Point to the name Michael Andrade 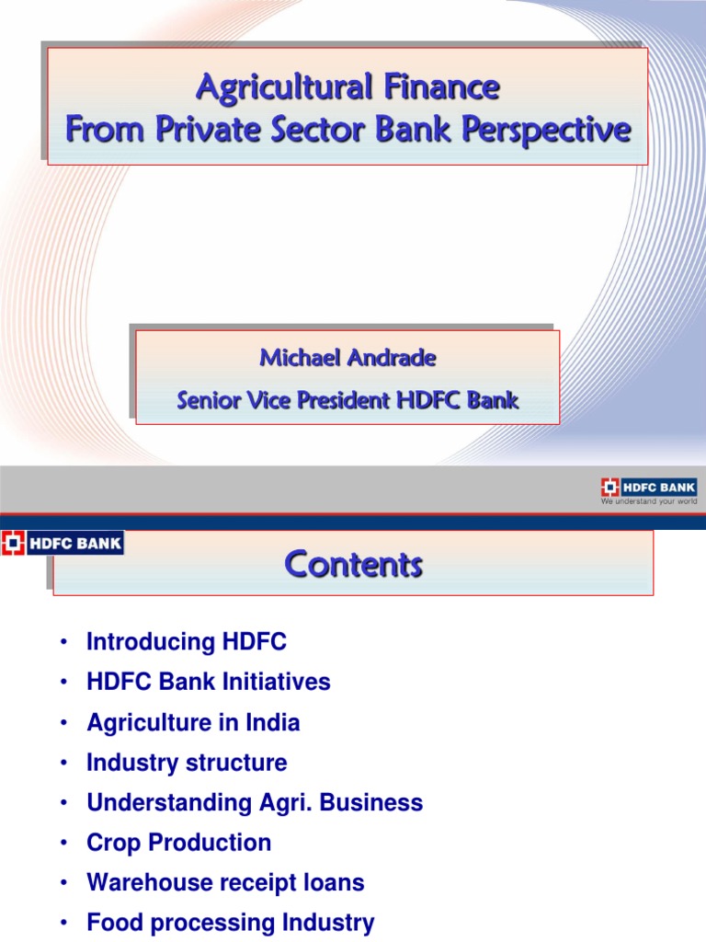(x=347, y=358)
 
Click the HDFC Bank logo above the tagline (x=649, y=488)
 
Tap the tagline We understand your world (x=649, y=501)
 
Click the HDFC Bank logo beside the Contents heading (x=62, y=543)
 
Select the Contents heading (x=353, y=563)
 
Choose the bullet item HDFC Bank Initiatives (x=209, y=683)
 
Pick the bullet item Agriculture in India (x=193, y=723)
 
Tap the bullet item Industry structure (x=187, y=763)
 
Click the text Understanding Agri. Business (x=255, y=803)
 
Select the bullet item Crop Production (x=179, y=843)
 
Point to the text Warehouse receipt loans (x=225, y=883)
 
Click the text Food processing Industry (x=231, y=923)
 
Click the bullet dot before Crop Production (x=63, y=844)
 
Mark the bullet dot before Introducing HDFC (x=63, y=643)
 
